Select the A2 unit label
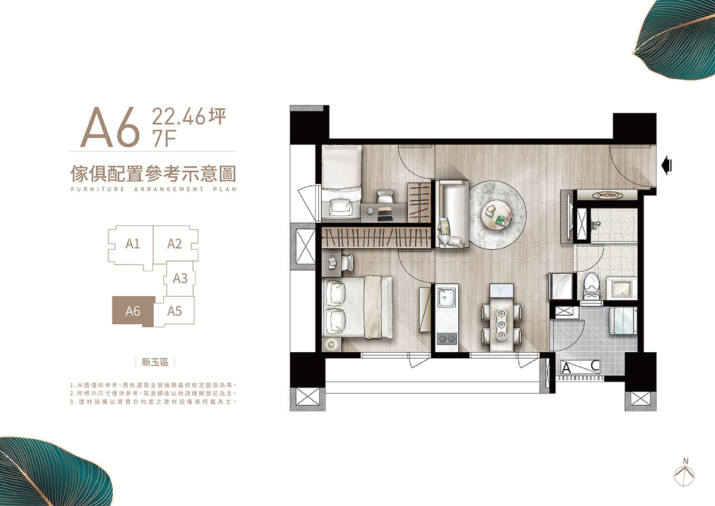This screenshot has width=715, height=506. [174, 244]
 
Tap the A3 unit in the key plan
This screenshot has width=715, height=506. [179, 279]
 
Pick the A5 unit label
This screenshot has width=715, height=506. [174, 311]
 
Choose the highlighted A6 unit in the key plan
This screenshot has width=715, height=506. [133, 311]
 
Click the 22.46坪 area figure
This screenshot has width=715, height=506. [189, 116]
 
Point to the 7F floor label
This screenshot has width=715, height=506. [164, 138]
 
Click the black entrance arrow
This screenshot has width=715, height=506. [667, 165]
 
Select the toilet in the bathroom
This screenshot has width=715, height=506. [592, 285]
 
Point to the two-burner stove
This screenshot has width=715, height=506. [446, 339]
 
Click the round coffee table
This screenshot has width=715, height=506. [496, 215]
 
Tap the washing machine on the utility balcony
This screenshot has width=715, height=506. [623, 321]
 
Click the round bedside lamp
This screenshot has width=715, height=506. [332, 344]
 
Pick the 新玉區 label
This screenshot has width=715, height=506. [155, 362]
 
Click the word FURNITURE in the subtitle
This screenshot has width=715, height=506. [98, 189]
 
